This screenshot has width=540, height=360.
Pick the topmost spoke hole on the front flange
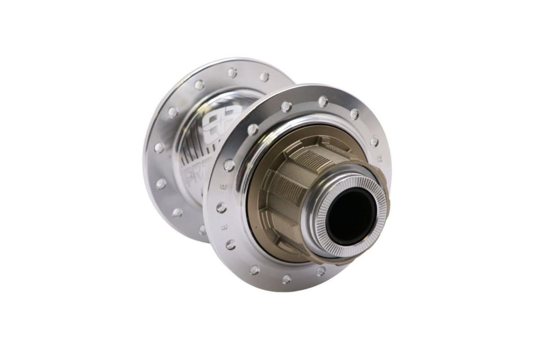[x=323, y=101]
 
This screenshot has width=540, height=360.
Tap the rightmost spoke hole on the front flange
[x=374, y=141]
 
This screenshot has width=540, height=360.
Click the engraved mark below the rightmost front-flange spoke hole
[x=378, y=159]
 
